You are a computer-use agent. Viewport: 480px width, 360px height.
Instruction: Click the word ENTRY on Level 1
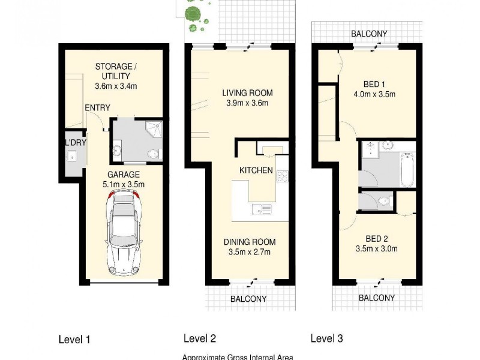(x=97, y=108)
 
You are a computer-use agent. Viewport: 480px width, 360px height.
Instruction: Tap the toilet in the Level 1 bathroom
(x=154, y=154)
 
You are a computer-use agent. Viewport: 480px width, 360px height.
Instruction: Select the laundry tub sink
(x=71, y=157)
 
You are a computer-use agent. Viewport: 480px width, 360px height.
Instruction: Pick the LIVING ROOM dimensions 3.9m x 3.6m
(x=247, y=103)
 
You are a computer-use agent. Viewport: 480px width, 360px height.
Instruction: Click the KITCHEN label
(x=256, y=170)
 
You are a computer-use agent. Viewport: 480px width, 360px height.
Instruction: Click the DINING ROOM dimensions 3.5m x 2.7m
(x=250, y=252)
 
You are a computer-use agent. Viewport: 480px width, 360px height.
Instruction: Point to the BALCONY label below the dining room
(x=248, y=298)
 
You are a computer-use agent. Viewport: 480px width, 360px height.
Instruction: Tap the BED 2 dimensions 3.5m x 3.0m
(x=377, y=248)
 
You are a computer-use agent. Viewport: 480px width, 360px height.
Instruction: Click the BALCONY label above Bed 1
(x=369, y=34)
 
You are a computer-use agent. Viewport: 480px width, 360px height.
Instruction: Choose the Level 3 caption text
(x=326, y=339)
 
